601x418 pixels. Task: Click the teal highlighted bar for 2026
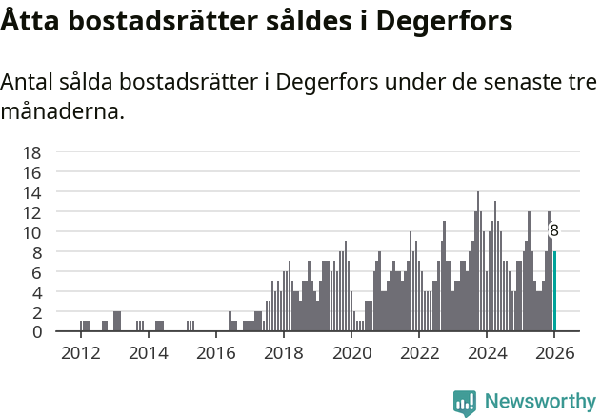[554, 292]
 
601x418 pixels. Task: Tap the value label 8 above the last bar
[553, 230]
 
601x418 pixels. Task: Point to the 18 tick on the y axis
[31, 152]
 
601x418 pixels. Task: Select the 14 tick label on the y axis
[31, 192]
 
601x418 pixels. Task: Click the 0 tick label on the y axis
[36, 332]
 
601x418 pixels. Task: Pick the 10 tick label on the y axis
[31, 232]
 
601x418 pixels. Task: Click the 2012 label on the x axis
[80, 352]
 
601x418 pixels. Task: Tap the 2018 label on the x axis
[284, 352]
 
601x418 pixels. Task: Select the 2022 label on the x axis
[419, 352]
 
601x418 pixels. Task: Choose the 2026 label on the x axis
[554, 352]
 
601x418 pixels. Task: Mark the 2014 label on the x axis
[148, 352]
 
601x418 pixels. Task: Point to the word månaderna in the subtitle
[63, 111]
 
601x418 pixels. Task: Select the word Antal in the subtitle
[28, 82]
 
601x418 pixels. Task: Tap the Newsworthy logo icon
[465, 402]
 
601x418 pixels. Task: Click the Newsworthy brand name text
[540, 402]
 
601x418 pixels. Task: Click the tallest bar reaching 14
[478, 262]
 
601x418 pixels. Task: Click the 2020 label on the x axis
[351, 352]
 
